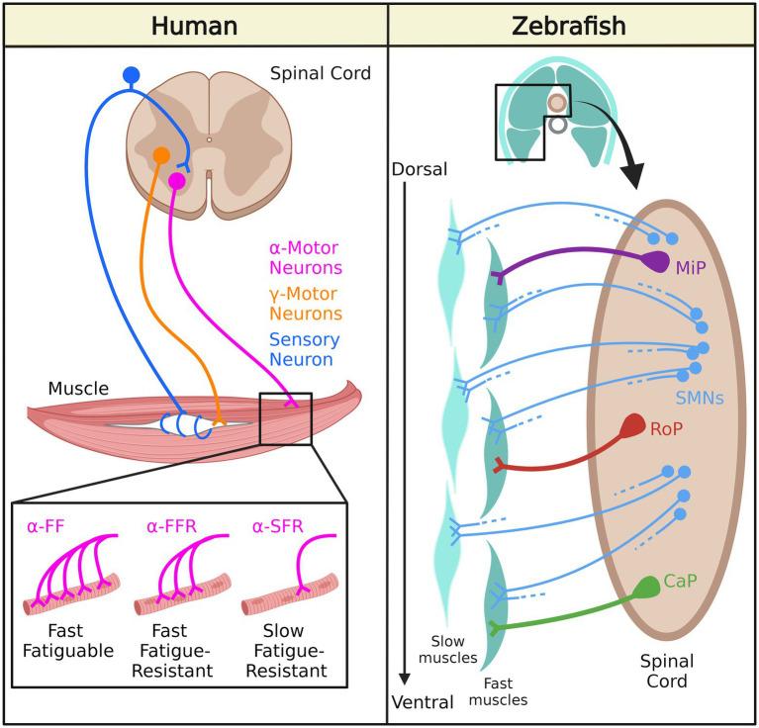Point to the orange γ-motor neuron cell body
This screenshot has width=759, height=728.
pyautogui.click(x=161, y=155)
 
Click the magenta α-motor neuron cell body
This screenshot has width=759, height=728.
pyautogui.click(x=176, y=181)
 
